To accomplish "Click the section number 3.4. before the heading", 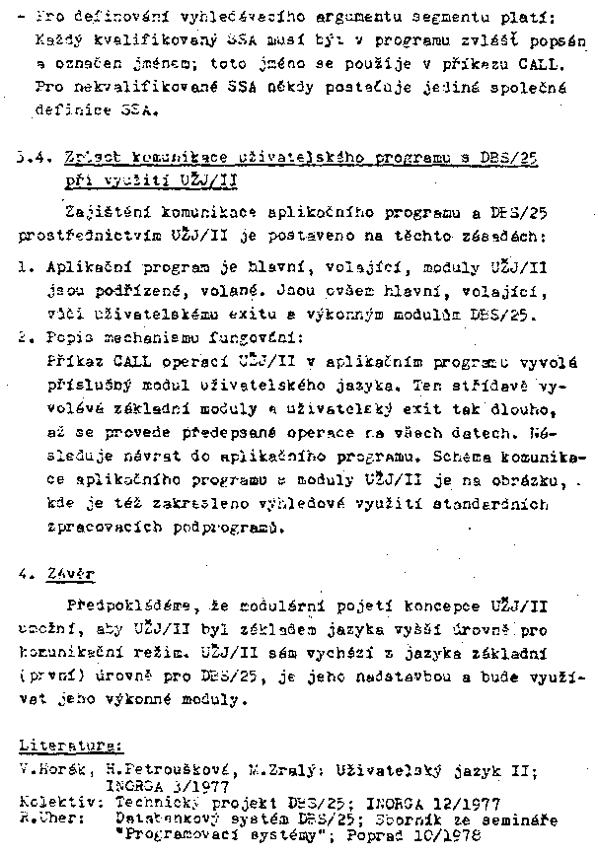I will click(34, 158).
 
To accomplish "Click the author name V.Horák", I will click(49, 766).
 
